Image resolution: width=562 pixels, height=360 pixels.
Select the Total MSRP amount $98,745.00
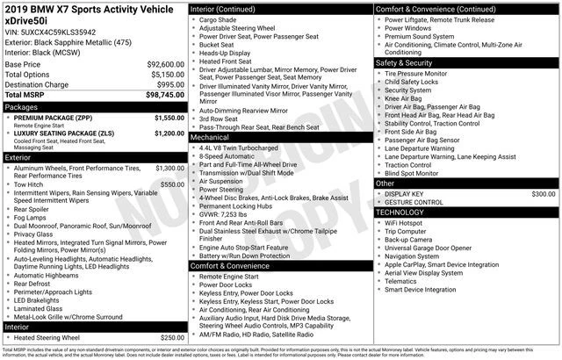tap(163, 93)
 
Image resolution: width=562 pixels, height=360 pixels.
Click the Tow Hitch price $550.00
tap(172, 184)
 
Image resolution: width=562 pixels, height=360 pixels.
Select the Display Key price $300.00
tap(543, 193)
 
